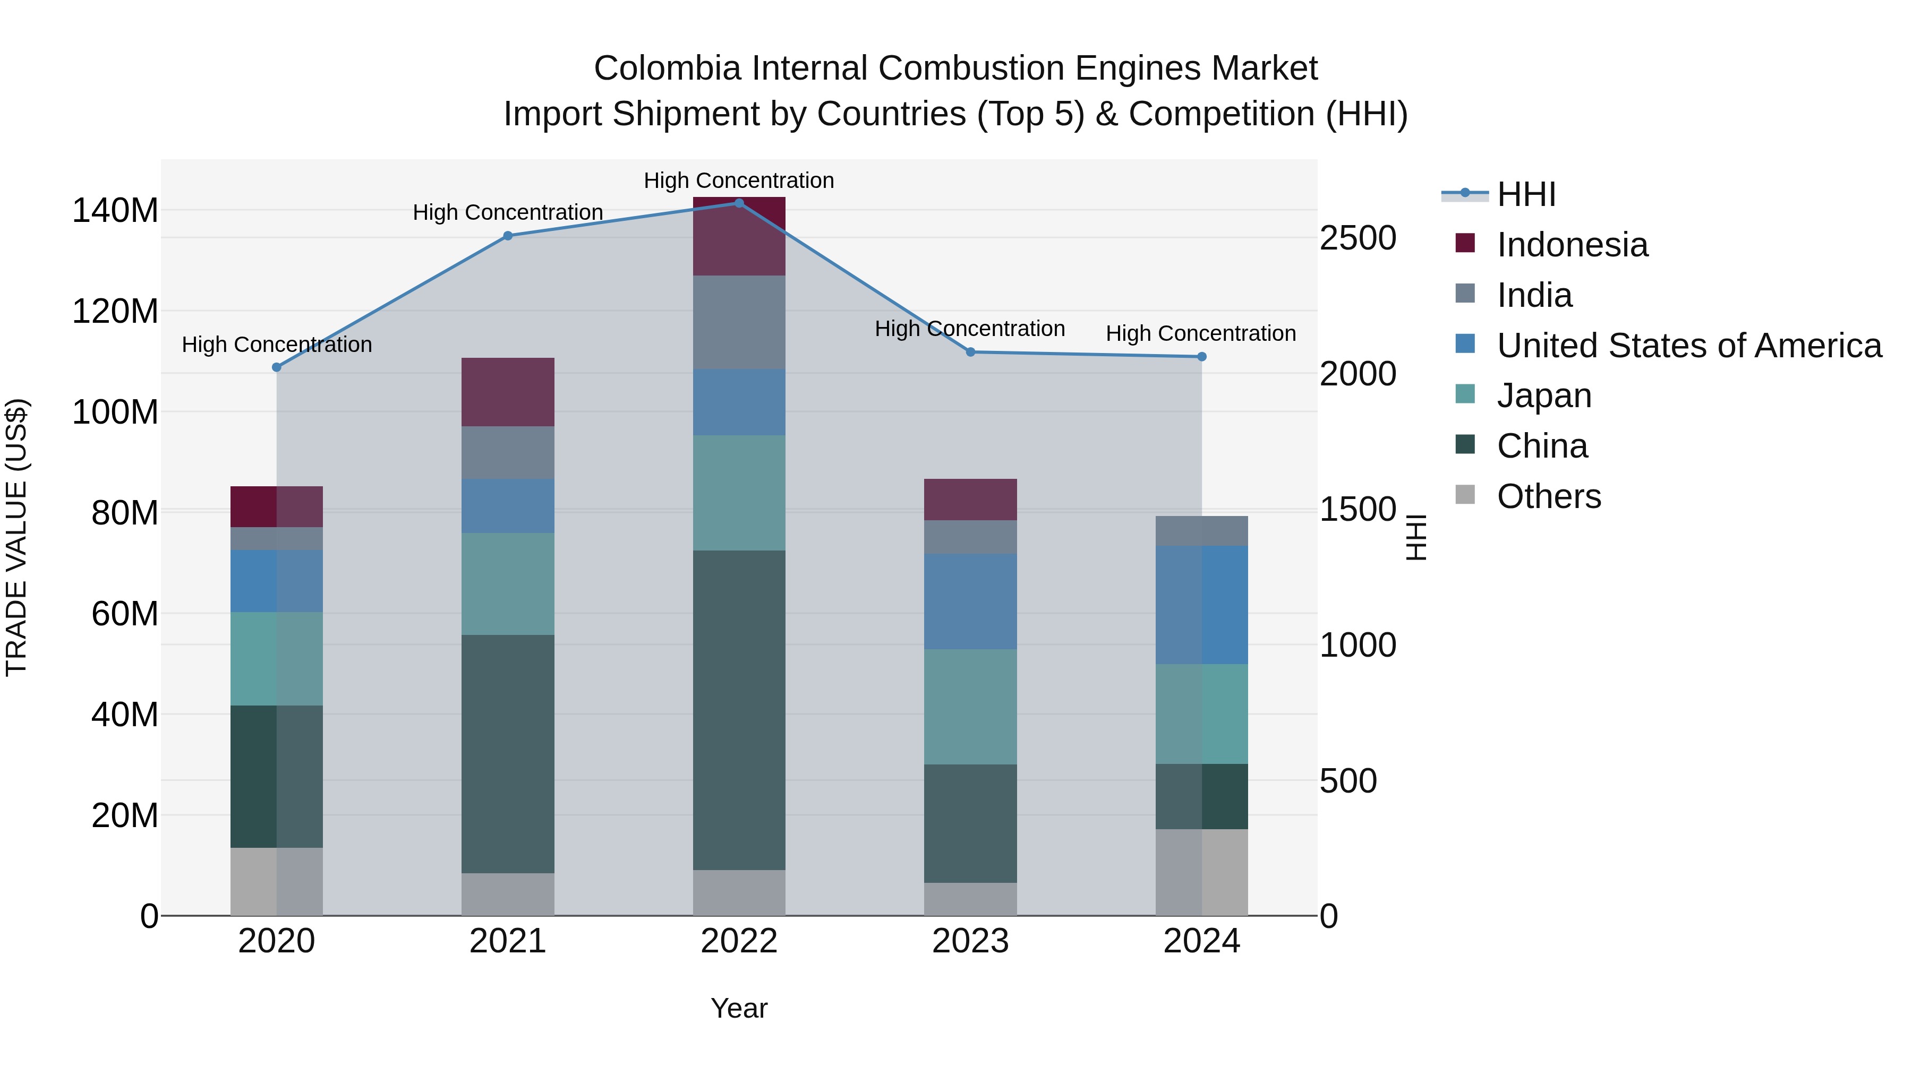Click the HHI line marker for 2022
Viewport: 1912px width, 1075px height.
point(739,203)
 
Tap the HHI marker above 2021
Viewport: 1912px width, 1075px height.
point(508,236)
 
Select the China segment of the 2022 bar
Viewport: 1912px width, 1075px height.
point(739,709)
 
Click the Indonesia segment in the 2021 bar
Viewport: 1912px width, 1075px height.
point(508,392)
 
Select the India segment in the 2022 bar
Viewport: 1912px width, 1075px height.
point(739,322)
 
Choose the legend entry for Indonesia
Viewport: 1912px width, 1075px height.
point(1572,245)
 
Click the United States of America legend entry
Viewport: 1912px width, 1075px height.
point(1688,346)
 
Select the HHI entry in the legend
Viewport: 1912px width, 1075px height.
point(1525,194)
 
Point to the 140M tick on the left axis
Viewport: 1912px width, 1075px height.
point(115,211)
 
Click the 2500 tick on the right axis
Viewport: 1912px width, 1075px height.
point(1358,238)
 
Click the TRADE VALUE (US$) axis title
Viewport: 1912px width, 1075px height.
point(16,537)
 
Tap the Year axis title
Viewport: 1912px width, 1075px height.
point(739,1008)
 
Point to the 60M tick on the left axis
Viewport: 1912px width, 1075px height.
point(125,614)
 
